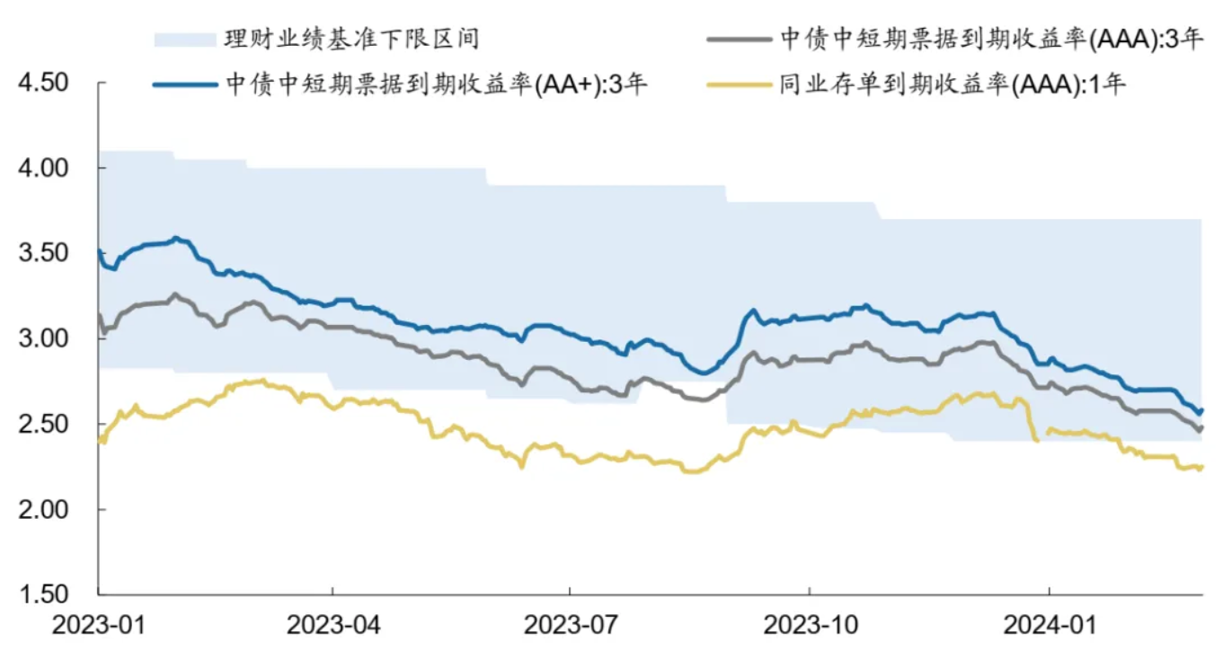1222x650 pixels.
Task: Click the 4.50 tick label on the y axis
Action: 42,83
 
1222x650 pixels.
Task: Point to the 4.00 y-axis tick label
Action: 42,168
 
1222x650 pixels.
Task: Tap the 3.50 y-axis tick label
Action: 42,253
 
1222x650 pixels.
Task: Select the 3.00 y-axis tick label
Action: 42,338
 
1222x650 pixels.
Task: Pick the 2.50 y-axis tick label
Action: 42,424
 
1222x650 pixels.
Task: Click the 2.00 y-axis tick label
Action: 42,509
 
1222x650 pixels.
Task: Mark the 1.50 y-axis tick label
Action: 42,594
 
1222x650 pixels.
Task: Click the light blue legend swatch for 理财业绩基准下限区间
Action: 185,40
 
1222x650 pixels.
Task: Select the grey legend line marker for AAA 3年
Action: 739,40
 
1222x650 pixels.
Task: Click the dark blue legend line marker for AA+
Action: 185,86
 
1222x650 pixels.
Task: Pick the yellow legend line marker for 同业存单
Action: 739,86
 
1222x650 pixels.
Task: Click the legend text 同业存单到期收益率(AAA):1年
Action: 953,86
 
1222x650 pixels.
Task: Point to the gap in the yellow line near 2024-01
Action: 1043,435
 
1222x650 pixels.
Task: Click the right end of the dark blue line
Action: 1201,410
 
